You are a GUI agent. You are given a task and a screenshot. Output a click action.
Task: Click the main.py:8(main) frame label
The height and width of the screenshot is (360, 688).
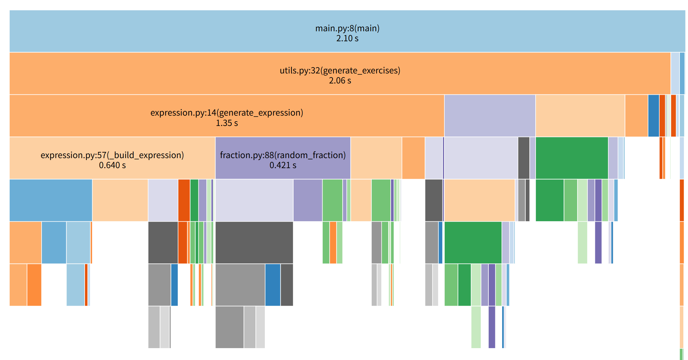347,28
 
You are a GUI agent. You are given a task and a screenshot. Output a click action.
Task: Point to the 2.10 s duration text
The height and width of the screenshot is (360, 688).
347,38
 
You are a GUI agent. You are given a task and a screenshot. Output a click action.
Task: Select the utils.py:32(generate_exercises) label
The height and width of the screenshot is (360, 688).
340,70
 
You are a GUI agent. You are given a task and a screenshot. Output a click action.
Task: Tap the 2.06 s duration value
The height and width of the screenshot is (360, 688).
340,81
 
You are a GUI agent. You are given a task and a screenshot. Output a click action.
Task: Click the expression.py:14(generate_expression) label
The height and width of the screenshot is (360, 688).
227,112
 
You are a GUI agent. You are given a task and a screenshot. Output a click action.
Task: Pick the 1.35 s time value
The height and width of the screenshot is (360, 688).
227,123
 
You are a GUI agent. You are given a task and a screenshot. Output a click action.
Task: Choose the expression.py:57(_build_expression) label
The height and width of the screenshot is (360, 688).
112,155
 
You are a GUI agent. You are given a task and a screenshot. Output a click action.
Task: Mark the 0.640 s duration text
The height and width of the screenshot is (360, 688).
112,165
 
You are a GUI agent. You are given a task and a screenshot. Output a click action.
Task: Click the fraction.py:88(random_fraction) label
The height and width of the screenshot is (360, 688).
283,155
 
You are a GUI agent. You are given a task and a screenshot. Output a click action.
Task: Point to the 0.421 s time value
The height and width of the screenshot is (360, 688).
283,165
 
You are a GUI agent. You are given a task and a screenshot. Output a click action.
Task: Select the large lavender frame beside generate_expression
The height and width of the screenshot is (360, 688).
490,116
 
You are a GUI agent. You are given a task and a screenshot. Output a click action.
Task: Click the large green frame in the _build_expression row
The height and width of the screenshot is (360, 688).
572,158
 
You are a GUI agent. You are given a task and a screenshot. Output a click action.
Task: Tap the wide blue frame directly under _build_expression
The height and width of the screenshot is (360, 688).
51,200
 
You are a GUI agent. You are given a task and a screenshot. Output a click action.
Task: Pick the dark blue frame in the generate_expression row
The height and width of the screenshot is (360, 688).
653,116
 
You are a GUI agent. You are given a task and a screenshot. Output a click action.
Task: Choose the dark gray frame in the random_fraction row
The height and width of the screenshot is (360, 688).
523,158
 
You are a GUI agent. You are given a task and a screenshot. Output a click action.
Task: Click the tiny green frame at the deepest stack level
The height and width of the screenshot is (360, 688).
681,354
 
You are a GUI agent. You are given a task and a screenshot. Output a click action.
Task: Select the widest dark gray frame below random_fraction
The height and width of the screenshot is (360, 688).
254,242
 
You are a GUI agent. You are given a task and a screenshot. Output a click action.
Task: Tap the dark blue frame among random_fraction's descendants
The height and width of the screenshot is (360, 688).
273,285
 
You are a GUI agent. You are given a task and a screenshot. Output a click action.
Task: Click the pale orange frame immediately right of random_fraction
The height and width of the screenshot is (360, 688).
376,158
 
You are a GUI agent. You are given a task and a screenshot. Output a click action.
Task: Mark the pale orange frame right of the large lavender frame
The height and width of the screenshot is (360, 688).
580,116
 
